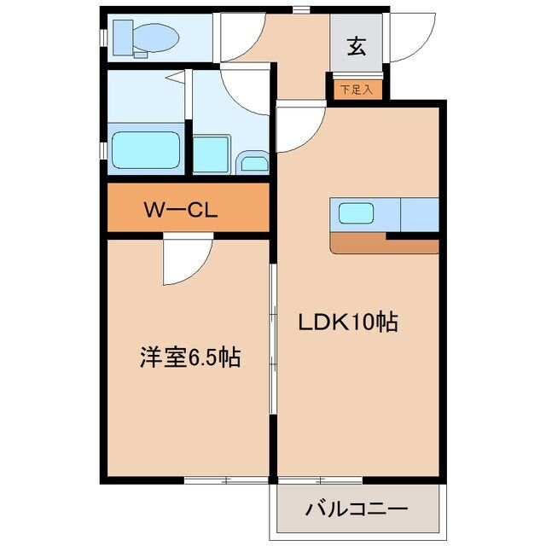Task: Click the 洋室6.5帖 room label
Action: coord(189,357)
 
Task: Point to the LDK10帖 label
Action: coord(348,322)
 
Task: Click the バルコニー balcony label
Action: coord(357,509)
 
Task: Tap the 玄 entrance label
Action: coord(356,46)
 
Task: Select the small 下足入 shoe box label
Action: coord(356,89)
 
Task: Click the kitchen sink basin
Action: coord(355,213)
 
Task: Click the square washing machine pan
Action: coord(210,154)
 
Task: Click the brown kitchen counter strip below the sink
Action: coord(384,245)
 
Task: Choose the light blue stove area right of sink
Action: coord(419,214)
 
